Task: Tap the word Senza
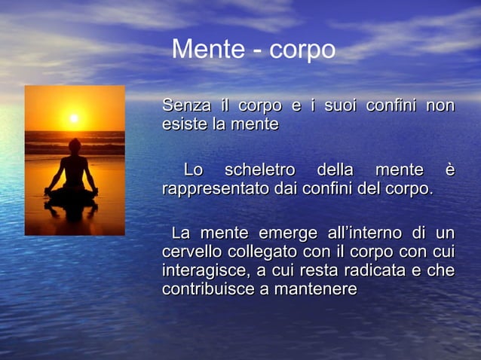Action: coord(183,105)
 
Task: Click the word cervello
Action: coord(189,252)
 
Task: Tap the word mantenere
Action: coord(309,288)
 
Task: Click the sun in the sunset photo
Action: coord(74,118)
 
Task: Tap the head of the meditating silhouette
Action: coord(74,145)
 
